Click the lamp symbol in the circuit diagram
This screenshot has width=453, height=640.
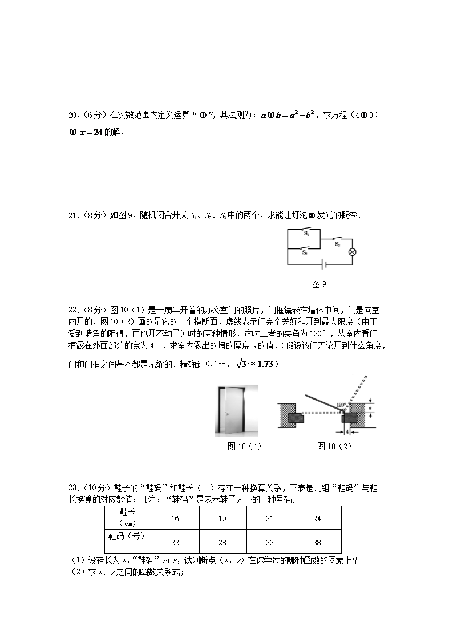pos(352,252)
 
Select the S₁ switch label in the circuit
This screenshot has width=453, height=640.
pos(306,234)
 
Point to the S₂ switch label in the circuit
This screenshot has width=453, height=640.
pos(305,252)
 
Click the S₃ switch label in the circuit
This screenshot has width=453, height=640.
pos(338,244)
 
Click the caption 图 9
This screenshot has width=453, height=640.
pos(319,284)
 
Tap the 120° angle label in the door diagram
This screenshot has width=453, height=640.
pos(341,405)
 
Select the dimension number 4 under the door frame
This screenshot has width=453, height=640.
pos(347,432)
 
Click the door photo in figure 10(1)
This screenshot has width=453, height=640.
pos(236,410)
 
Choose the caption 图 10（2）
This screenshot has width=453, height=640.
pos(334,446)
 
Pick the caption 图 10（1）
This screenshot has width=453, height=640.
pos(244,446)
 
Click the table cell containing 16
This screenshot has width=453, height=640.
pos(175,519)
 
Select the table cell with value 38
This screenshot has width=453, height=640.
pos(317,542)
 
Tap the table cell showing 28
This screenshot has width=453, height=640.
pos(223,542)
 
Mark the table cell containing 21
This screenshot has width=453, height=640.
pos(270,519)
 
